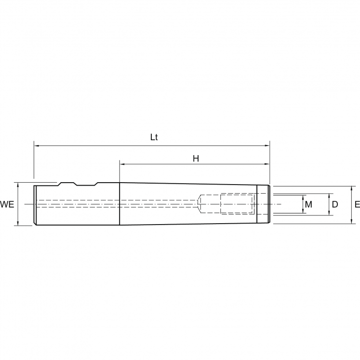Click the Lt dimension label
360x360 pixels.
click(x=154, y=137)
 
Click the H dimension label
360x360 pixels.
click(x=196, y=158)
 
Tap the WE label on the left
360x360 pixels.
click(x=7, y=204)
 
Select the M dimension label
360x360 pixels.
click(x=309, y=204)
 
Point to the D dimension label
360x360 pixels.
click(x=335, y=204)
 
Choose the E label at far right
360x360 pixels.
click(x=357, y=204)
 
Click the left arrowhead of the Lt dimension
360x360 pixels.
click(x=37, y=146)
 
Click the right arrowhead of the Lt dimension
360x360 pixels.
click(x=267, y=146)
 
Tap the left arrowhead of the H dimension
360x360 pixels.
click(x=122, y=164)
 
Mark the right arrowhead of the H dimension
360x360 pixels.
click(x=267, y=164)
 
